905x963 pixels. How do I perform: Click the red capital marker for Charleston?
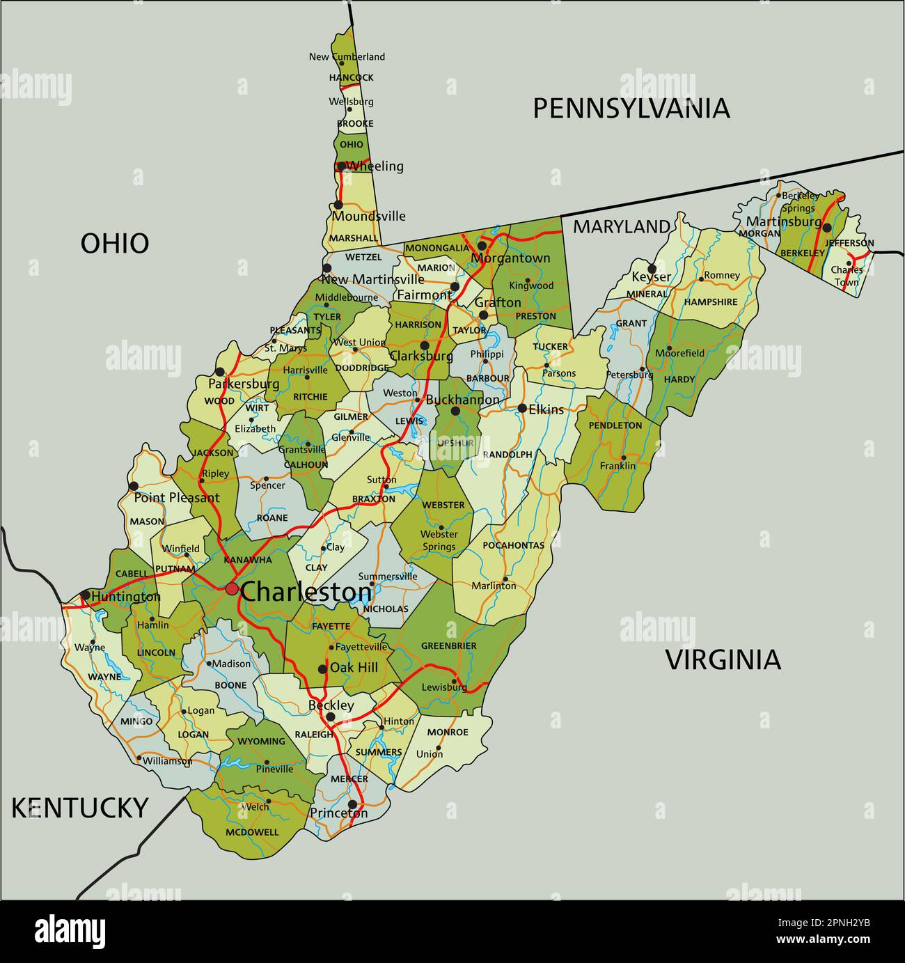(232, 589)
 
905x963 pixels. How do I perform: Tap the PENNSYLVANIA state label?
(631, 109)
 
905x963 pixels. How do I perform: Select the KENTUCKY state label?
(79, 808)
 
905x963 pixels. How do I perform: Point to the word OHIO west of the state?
(115, 244)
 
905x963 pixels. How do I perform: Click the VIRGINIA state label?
(723, 660)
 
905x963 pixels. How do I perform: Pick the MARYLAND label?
(621, 226)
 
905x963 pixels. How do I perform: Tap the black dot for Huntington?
(85, 595)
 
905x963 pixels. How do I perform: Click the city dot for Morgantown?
(482, 246)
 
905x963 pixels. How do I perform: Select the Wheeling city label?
(375, 166)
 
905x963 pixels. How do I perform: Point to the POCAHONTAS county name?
(513, 545)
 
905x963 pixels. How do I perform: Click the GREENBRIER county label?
(448, 646)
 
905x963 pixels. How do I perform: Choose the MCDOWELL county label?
(252, 832)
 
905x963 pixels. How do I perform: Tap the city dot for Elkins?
(522, 408)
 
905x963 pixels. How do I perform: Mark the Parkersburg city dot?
(220, 372)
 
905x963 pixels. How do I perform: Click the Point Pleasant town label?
(176, 497)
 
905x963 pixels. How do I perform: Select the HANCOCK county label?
(352, 78)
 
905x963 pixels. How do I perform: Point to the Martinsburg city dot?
(827, 228)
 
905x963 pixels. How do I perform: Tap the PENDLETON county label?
(615, 425)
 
